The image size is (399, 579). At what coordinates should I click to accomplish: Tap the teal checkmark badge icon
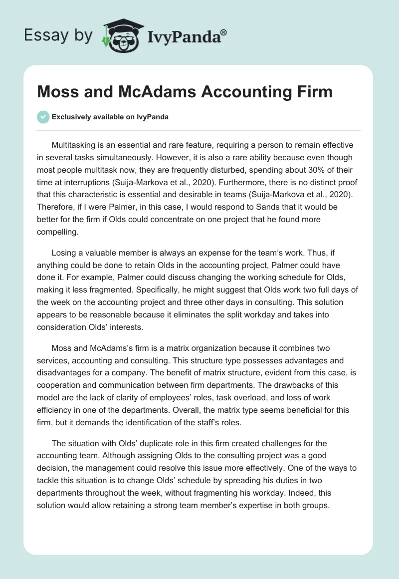click(x=43, y=117)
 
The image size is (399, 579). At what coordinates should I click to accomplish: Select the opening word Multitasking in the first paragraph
click(x=75, y=145)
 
